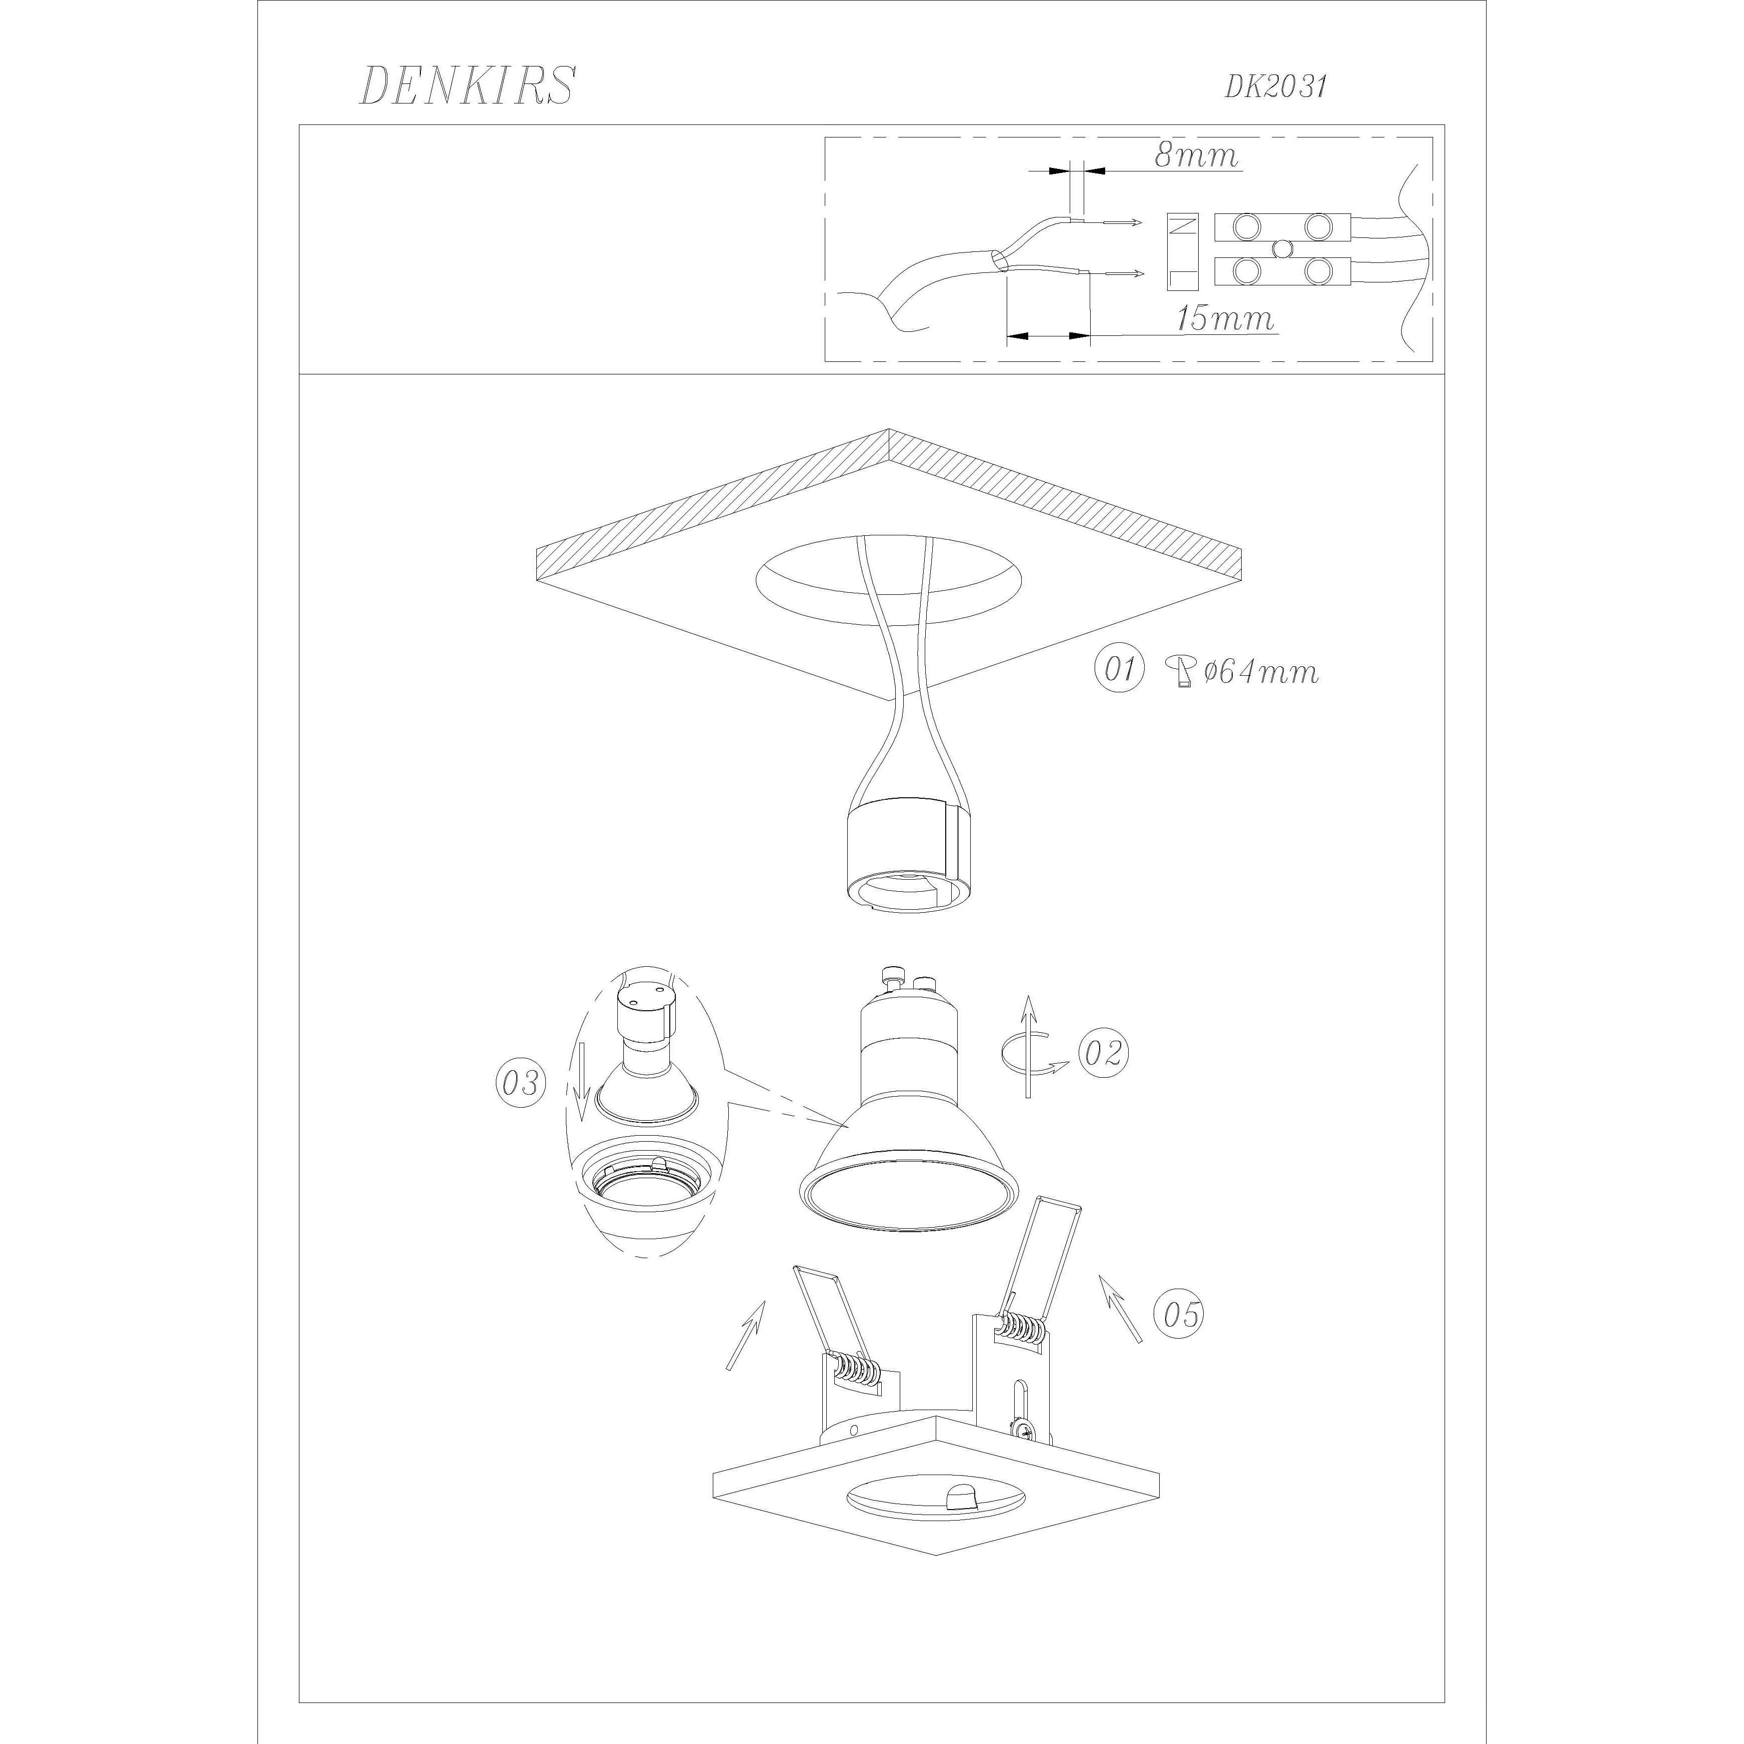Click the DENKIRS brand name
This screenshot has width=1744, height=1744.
coord(467,86)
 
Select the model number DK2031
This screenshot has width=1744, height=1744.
coord(1276,86)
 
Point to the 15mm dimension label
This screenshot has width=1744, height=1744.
coord(1225,318)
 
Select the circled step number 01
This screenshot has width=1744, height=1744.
coord(1119,669)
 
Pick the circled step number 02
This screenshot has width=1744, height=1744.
coord(1103,1053)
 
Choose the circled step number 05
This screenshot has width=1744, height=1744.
coord(1180,1314)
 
